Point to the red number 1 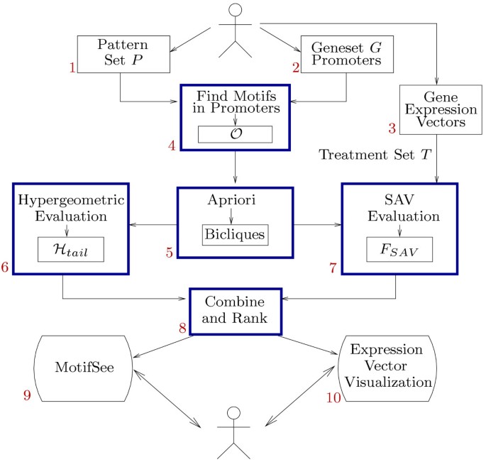(72, 68)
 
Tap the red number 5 (169, 253)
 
